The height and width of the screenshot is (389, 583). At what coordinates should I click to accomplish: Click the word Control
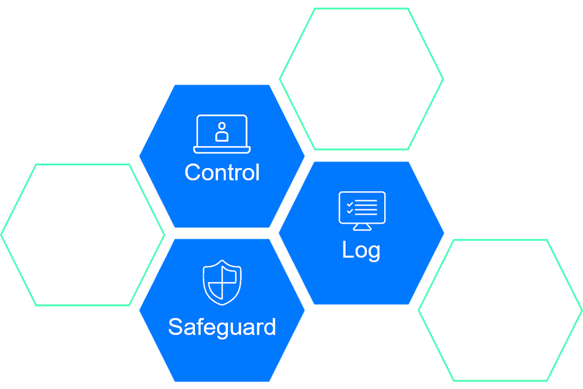222,172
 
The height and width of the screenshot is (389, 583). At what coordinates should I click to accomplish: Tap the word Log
361,250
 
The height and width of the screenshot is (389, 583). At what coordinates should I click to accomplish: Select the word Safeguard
222,327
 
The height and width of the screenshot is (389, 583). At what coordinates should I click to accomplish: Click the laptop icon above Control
222,134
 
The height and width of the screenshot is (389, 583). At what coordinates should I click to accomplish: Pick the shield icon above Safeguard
222,282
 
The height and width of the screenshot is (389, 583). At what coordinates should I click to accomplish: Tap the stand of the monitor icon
362,227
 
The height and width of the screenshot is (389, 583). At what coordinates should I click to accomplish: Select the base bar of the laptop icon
222,151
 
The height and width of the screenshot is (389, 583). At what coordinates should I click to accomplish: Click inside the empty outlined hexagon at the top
361,78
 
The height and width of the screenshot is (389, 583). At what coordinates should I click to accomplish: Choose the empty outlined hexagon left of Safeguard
83,234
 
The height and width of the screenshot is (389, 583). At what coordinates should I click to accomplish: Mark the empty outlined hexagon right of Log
500,310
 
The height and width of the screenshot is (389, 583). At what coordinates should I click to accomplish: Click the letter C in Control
192,172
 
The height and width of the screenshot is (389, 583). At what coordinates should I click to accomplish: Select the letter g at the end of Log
374,252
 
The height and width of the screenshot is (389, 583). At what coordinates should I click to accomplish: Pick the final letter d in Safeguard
270,327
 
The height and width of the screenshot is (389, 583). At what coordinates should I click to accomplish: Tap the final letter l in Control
257,172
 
